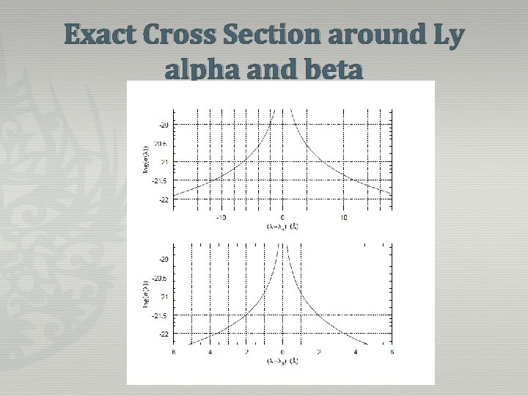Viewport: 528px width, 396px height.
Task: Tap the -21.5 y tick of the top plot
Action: (x=161, y=180)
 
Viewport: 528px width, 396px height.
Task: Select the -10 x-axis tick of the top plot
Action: (x=221, y=218)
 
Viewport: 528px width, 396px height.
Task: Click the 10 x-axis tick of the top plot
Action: (x=344, y=218)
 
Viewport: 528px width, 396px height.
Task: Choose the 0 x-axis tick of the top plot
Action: (x=282, y=218)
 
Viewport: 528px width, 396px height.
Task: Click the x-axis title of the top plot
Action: (x=282, y=227)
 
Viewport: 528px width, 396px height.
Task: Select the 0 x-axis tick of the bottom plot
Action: (x=282, y=353)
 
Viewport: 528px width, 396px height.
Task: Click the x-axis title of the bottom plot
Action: (x=282, y=362)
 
